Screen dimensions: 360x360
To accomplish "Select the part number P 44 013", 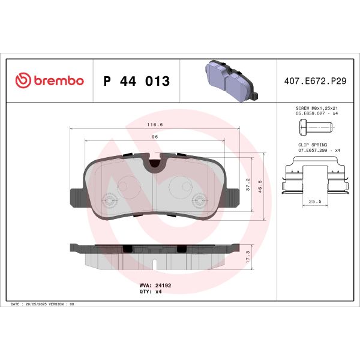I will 137,81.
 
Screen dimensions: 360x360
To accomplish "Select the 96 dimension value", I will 154,137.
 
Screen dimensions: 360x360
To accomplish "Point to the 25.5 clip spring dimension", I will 313,202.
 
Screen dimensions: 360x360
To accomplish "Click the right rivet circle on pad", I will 199,200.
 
